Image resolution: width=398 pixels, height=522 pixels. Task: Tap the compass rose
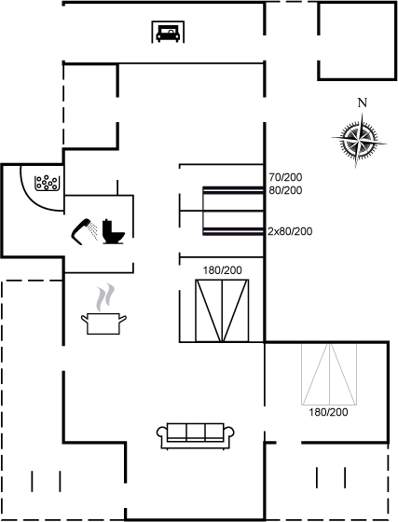[359, 140]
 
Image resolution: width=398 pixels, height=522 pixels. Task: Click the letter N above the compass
[363, 103]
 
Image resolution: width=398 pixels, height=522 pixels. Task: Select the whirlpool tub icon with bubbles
[47, 183]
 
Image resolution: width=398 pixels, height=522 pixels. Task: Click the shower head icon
[81, 231]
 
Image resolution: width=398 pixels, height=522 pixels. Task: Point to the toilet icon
[113, 232]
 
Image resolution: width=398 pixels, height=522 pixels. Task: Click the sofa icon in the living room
[196, 436]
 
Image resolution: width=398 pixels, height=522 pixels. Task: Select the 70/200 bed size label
[285, 177]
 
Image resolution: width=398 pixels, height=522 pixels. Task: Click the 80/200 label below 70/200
[285, 190]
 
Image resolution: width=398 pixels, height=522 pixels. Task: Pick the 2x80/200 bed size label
[290, 231]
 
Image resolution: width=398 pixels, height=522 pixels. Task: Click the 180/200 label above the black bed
[223, 270]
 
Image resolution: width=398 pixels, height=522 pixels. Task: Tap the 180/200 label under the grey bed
[328, 412]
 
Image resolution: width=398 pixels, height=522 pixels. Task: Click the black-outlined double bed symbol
[222, 310]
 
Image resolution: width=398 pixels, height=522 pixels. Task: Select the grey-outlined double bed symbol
[329, 374]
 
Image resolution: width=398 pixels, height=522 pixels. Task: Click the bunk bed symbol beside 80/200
[233, 211]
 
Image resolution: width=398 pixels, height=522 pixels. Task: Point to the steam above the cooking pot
[105, 297]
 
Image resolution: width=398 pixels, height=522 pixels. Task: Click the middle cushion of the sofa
[196, 432]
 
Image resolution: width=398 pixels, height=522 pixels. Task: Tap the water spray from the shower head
[94, 231]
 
